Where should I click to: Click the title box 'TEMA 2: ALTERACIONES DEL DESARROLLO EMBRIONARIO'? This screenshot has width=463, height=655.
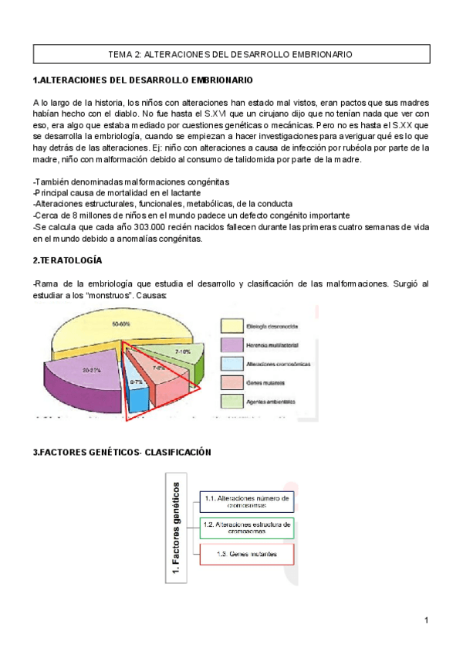(231, 55)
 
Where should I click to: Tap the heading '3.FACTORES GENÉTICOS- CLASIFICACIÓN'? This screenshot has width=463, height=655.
(121, 452)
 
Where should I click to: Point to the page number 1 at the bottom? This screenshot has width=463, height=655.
(425, 619)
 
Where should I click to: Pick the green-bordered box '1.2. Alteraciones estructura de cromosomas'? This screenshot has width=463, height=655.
(247, 528)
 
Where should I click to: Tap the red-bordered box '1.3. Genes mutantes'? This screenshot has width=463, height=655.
(247, 555)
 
